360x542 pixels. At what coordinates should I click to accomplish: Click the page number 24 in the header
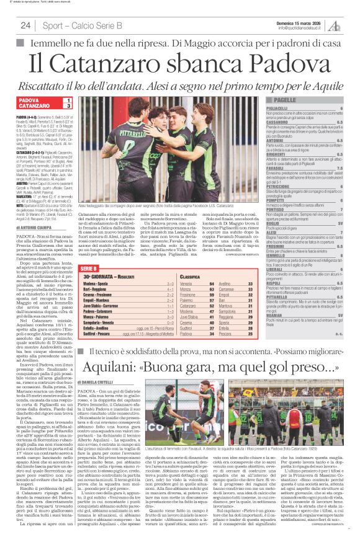pos(25,25)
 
